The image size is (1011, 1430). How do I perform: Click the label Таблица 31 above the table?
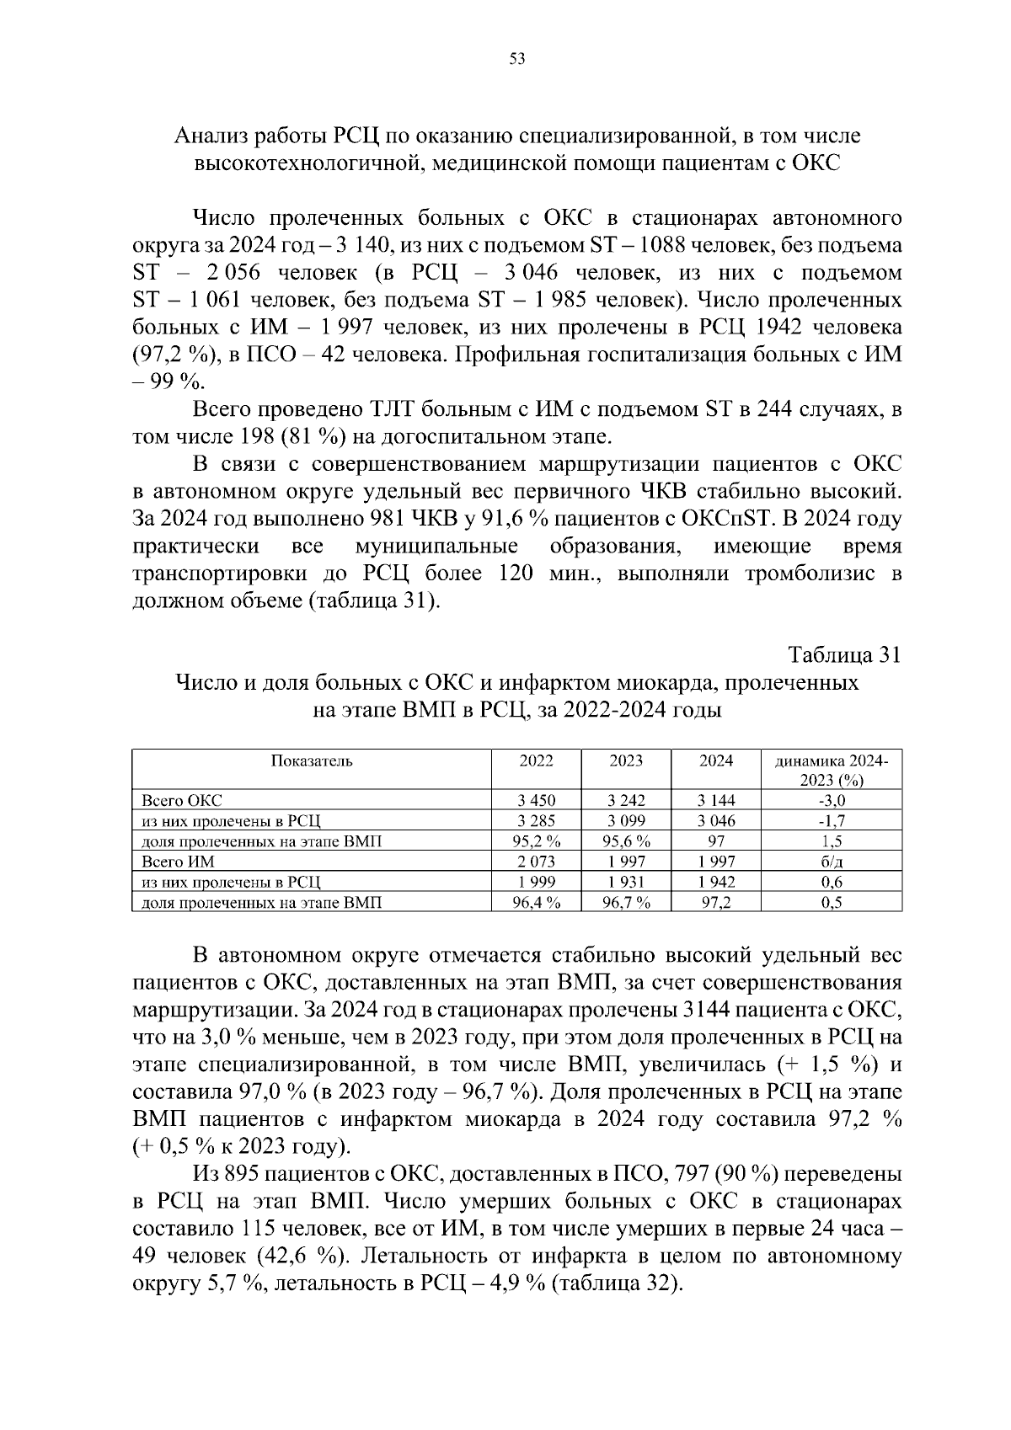point(844,654)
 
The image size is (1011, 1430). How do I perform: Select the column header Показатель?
point(312,760)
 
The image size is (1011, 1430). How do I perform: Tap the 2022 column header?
point(536,760)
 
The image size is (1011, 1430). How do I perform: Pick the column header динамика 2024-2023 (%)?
point(831,770)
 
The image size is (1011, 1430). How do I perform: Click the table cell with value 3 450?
point(536,800)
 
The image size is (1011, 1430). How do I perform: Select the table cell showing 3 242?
point(626,800)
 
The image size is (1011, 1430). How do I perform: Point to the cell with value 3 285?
point(536,820)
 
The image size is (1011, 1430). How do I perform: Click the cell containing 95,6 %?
point(626,840)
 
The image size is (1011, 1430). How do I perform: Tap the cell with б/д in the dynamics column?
point(831,862)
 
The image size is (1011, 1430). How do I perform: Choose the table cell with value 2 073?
point(536,862)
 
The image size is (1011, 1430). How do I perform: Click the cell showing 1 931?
point(626,882)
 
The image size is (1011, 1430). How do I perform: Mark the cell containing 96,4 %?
point(536,902)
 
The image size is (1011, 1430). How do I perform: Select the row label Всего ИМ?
point(178,862)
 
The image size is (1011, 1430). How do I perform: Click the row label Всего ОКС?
point(182,800)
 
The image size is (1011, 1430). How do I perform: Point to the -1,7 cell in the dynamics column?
point(831,820)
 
